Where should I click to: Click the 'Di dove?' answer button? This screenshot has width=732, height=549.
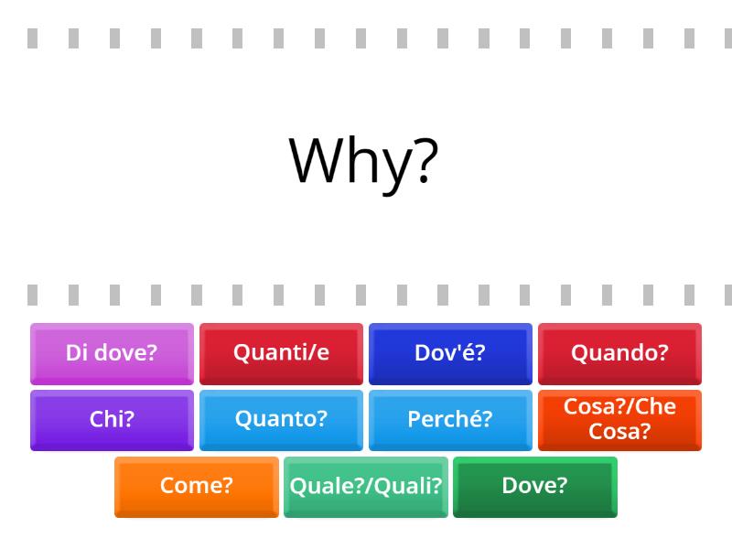tap(112, 353)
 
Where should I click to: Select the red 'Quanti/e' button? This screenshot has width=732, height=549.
tap(281, 353)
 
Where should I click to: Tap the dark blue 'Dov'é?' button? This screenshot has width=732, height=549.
tap(450, 353)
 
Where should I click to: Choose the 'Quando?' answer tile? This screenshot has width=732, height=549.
tap(619, 353)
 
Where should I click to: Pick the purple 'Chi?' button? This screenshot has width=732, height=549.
tap(112, 420)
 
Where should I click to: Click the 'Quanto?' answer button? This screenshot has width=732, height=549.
tap(281, 420)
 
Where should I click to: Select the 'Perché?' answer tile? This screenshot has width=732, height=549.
tap(450, 420)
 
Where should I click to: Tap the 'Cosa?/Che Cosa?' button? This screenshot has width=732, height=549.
tap(619, 420)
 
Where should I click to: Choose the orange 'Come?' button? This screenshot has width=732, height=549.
tap(197, 487)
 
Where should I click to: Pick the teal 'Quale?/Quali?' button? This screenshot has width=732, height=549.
tap(366, 487)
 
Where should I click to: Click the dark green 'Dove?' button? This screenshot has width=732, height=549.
tap(535, 487)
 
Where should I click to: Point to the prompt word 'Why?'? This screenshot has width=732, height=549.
tap(364, 161)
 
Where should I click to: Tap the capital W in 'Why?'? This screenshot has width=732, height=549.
tap(317, 161)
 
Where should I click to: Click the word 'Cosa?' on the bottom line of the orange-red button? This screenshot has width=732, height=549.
tap(619, 432)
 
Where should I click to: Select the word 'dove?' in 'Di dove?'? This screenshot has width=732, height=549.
tap(125, 353)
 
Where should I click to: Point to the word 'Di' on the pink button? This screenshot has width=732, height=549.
tap(76, 353)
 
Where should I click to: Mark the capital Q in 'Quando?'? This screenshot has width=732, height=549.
tap(579, 353)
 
